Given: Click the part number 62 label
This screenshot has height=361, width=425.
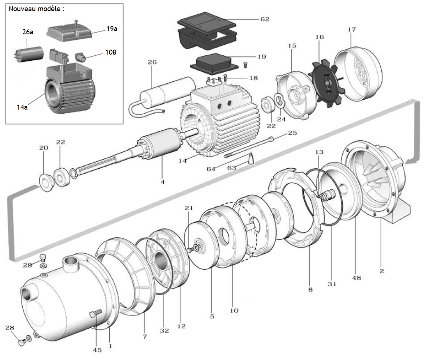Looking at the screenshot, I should (265, 19).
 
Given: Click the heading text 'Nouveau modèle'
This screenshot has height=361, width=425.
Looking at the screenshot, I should (36, 9).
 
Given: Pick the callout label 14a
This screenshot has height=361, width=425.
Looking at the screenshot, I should (22, 107).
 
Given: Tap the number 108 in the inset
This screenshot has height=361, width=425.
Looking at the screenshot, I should (110, 53).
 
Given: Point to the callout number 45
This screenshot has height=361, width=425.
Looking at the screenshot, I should (97, 350).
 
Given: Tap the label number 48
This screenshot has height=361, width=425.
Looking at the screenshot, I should (356, 277).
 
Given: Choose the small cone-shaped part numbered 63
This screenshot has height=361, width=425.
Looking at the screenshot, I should (251, 158).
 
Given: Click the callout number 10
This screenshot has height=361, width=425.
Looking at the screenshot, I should (234, 310).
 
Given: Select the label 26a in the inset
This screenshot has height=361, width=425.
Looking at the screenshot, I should (27, 31).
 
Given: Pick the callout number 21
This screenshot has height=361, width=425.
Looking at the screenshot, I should (189, 208).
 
